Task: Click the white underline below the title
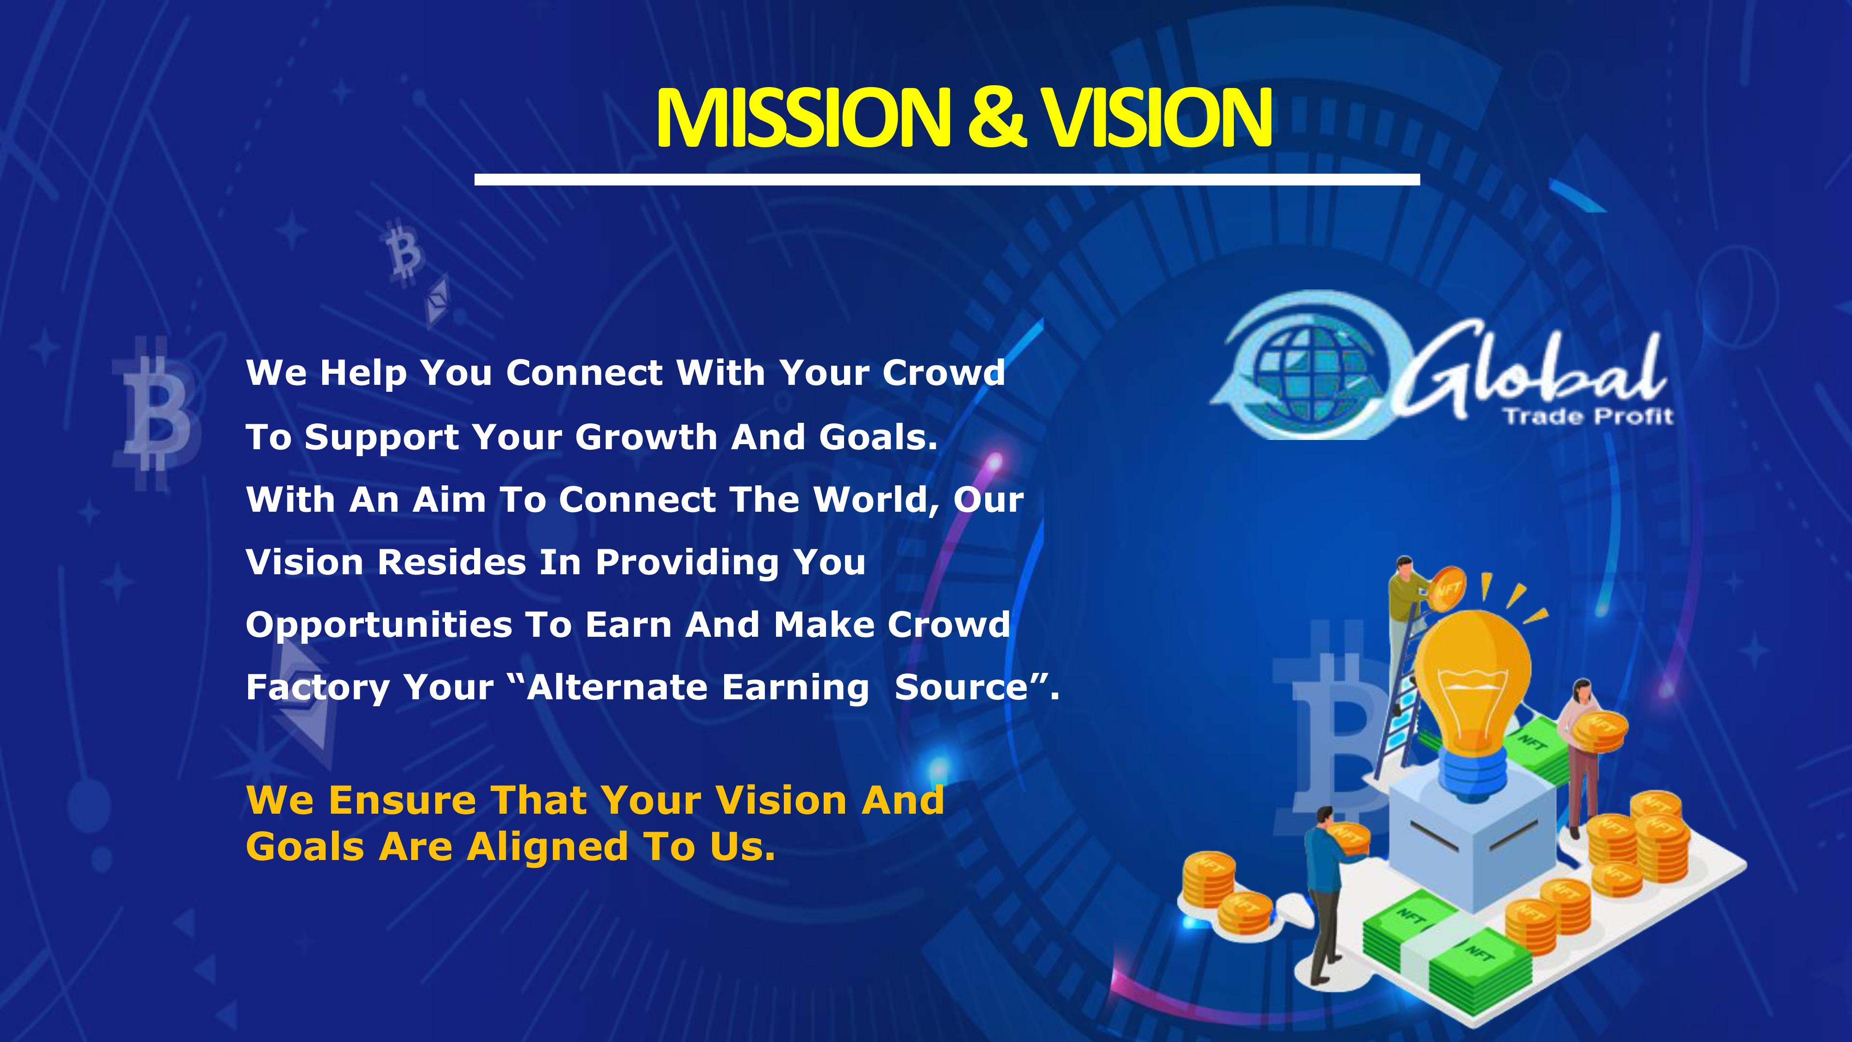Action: [947, 179]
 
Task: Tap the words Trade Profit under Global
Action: [1588, 416]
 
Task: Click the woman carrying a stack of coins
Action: [1582, 755]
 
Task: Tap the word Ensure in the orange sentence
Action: [403, 800]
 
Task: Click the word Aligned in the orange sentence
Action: [547, 847]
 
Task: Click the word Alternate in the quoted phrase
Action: [618, 687]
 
